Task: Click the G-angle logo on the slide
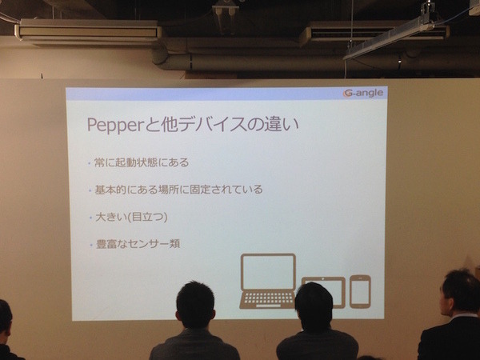point(363,93)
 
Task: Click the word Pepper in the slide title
point(113,126)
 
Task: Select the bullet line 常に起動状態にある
point(143,163)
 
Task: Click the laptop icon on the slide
point(268,281)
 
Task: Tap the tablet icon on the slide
point(323,291)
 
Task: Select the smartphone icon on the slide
point(360,290)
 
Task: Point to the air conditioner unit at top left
point(87,32)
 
